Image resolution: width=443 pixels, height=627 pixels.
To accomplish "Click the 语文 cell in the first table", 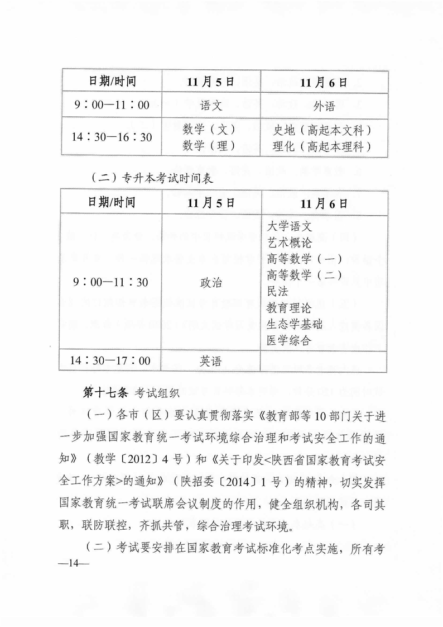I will pos(210,104).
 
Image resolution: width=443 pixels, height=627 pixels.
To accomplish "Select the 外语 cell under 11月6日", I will pos(323,105).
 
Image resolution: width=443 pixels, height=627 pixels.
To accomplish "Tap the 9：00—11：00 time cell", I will pos(112,104).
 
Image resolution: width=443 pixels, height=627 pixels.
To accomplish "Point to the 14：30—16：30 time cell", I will pos(112,136).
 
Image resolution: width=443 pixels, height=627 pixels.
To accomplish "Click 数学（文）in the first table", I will pos(210,129).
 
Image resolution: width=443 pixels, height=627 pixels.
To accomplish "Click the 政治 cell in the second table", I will pos(210,283).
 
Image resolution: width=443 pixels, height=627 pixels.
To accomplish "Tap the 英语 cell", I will pos(210,362).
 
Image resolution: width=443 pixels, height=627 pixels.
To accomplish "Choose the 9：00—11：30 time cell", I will pos(112,283).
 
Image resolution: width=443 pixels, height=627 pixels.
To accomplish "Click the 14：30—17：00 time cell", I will pos(112,362).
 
